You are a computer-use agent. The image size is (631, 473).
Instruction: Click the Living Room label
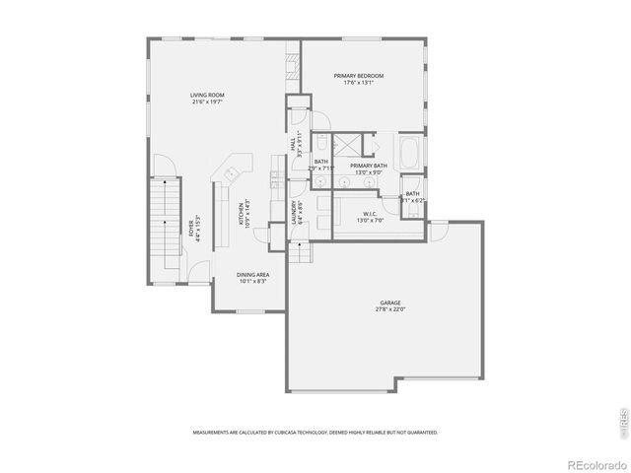click(208, 95)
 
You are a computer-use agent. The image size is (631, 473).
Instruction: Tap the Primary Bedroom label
click(358, 76)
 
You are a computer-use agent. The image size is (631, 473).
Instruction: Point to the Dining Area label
click(253, 274)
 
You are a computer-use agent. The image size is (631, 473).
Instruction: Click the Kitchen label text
click(244, 214)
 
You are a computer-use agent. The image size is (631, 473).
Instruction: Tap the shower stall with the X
click(346, 146)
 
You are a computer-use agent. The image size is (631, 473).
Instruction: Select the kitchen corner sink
click(232, 172)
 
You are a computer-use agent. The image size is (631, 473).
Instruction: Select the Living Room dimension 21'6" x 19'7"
click(208, 101)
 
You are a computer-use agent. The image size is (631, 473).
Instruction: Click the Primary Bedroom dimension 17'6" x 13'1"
click(358, 83)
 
